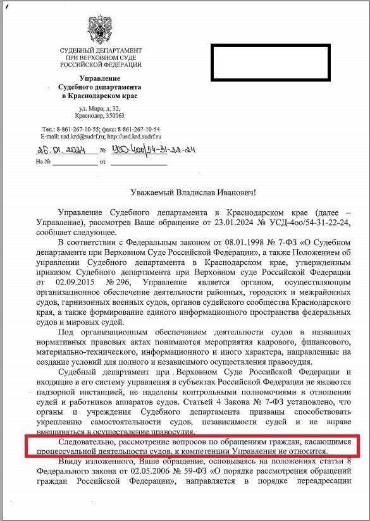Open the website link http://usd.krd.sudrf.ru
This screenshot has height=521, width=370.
(x=134, y=135)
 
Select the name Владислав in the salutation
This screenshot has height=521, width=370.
(x=200, y=192)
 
